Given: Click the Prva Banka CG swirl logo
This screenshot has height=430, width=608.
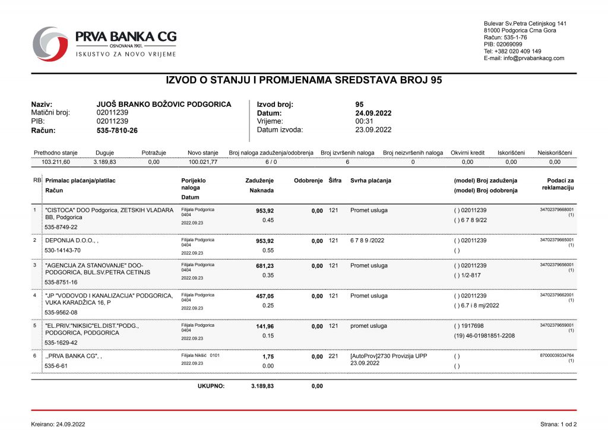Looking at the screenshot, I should [x=50, y=43].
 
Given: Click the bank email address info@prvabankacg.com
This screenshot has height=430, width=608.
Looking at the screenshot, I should [x=524, y=58].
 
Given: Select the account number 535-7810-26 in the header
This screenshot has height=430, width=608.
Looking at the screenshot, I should [x=117, y=130].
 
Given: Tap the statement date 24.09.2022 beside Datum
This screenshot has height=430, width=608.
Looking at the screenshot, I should [x=373, y=113].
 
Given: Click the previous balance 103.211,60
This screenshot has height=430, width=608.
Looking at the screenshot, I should [x=56, y=162].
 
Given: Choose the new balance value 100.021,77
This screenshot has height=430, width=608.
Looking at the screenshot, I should [x=203, y=162].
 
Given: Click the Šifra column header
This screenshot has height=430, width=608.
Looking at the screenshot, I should [x=335, y=181].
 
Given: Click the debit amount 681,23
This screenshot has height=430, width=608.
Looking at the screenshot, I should [x=265, y=265].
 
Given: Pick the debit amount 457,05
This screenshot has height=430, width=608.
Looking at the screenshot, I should [x=265, y=296].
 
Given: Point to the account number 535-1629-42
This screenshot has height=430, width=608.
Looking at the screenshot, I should [x=61, y=343].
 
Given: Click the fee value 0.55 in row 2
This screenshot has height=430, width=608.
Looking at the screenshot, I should [x=268, y=251].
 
